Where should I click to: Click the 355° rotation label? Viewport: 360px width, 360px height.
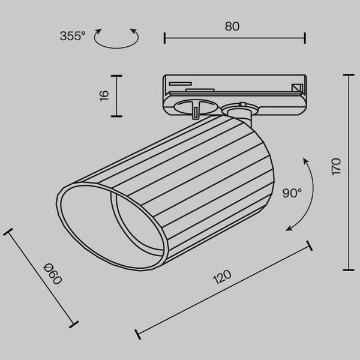[73, 36]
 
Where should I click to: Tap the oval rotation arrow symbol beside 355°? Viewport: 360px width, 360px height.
[118, 37]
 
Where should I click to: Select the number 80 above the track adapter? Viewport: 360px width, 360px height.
[233, 26]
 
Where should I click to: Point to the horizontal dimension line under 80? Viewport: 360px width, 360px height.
[235, 38]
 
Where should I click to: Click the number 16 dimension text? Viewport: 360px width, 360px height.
[103, 94]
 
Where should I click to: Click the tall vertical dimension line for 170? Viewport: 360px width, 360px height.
[347, 172]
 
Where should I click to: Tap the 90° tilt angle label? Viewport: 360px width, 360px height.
[292, 193]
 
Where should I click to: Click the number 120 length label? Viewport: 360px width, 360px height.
[221, 277]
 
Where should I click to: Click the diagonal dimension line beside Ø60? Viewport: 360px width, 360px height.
[40, 277]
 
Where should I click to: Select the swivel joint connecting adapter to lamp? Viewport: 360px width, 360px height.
[238, 111]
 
